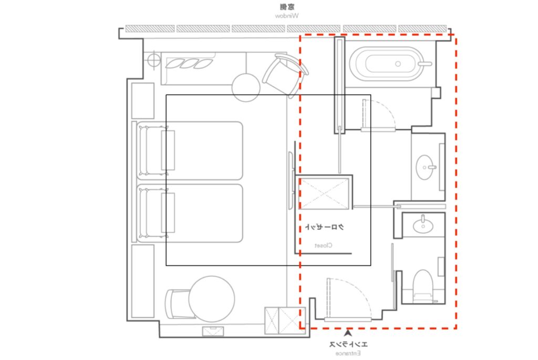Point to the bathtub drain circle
398,64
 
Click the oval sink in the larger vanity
425,168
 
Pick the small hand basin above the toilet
423,225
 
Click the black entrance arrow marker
348,332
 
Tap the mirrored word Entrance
348,353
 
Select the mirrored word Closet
324,245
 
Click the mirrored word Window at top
287,16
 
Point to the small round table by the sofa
246,88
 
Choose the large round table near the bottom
212,299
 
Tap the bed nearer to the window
190,150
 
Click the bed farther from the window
190,213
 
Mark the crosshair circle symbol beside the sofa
154,60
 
